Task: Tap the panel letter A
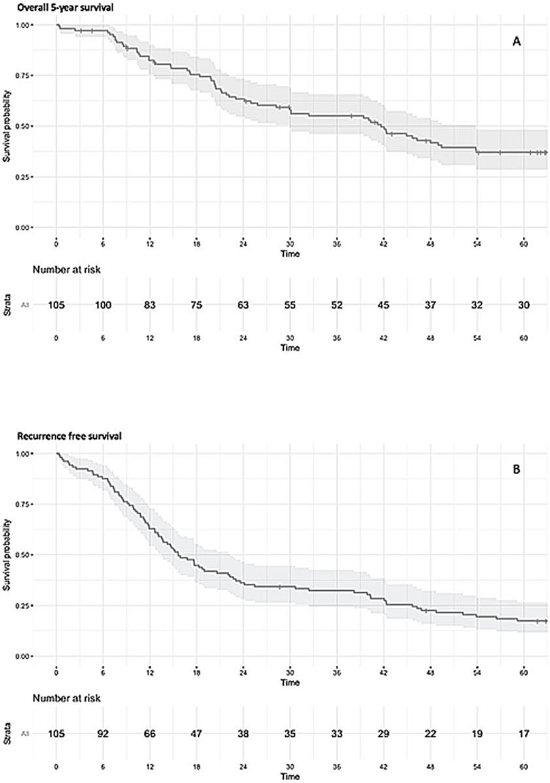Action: click(516, 42)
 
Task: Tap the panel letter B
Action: click(516, 470)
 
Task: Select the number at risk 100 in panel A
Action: click(103, 305)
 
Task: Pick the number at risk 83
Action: click(150, 305)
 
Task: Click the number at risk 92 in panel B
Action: click(103, 733)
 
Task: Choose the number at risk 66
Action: click(150, 733)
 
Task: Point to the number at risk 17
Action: click(524, 733)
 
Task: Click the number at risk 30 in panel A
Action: click(524, 305)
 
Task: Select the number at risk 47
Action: click(197, 733)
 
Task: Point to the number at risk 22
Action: click(430, 733)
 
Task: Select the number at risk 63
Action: click(244, 305)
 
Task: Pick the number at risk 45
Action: click(383, 305)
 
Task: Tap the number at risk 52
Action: click(337, 305)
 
